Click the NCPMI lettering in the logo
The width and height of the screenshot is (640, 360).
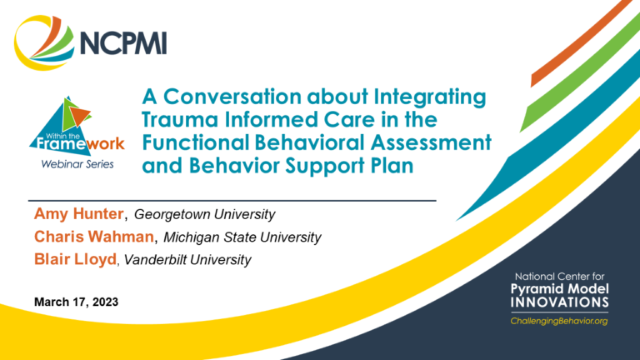(x=123, y=42)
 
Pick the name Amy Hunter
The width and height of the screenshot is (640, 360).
(x=79, y=214)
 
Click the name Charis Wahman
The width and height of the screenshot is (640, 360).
(x=94, y=237)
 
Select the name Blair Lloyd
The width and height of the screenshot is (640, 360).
(x=76, y=260)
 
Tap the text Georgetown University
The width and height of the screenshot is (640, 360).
(x=204, y=215)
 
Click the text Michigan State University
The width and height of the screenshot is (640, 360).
(x=242, y=237)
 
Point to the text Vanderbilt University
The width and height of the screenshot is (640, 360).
(x=187, y=260)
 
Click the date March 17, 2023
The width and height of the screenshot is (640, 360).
(x=77, y=302)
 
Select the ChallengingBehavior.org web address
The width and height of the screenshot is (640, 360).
(x=559, y=321)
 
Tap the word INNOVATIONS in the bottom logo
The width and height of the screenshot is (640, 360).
(x=560, y=302)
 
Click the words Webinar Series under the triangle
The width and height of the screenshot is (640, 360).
(x=77, y=164)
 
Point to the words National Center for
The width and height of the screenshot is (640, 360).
(x=560, y=277)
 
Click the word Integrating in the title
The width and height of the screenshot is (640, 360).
(x=430, y=97)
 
